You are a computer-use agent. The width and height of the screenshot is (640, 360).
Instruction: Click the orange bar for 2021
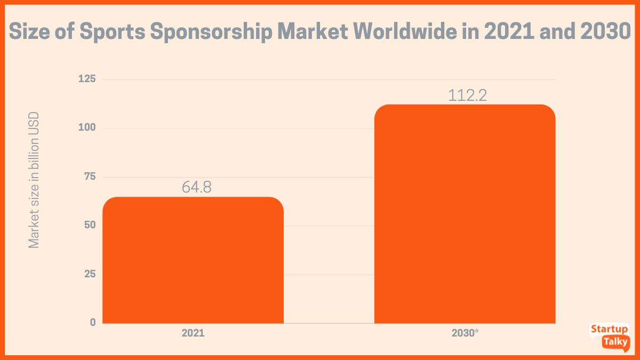coord(193,260)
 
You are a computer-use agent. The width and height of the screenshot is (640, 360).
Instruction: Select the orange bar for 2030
coord(465,214)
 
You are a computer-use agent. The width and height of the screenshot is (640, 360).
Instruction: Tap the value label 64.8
coord(193,188)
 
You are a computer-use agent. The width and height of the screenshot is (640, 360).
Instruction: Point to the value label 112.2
coord(467,95)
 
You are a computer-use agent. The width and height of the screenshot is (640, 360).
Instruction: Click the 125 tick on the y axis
coord(87,79)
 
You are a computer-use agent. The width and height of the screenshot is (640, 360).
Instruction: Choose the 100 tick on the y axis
coord(87,128)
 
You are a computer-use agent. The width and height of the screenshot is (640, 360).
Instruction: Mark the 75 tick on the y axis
coord(89,177)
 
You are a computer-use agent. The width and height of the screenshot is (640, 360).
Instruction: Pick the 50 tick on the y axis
coord(89,225)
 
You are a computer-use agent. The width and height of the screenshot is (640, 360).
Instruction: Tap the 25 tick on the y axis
coord(89,274)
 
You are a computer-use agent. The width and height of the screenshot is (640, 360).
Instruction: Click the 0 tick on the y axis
coord(93,323)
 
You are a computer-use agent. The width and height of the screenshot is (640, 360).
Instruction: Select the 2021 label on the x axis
coord(193,333)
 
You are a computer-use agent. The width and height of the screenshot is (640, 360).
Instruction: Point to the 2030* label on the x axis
coord(465,333)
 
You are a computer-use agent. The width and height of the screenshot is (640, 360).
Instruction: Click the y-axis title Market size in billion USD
coord(34,180)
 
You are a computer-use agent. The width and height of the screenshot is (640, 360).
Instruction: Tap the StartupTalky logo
coord(609,335)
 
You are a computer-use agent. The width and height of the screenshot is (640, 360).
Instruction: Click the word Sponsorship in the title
coord(211,33)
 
